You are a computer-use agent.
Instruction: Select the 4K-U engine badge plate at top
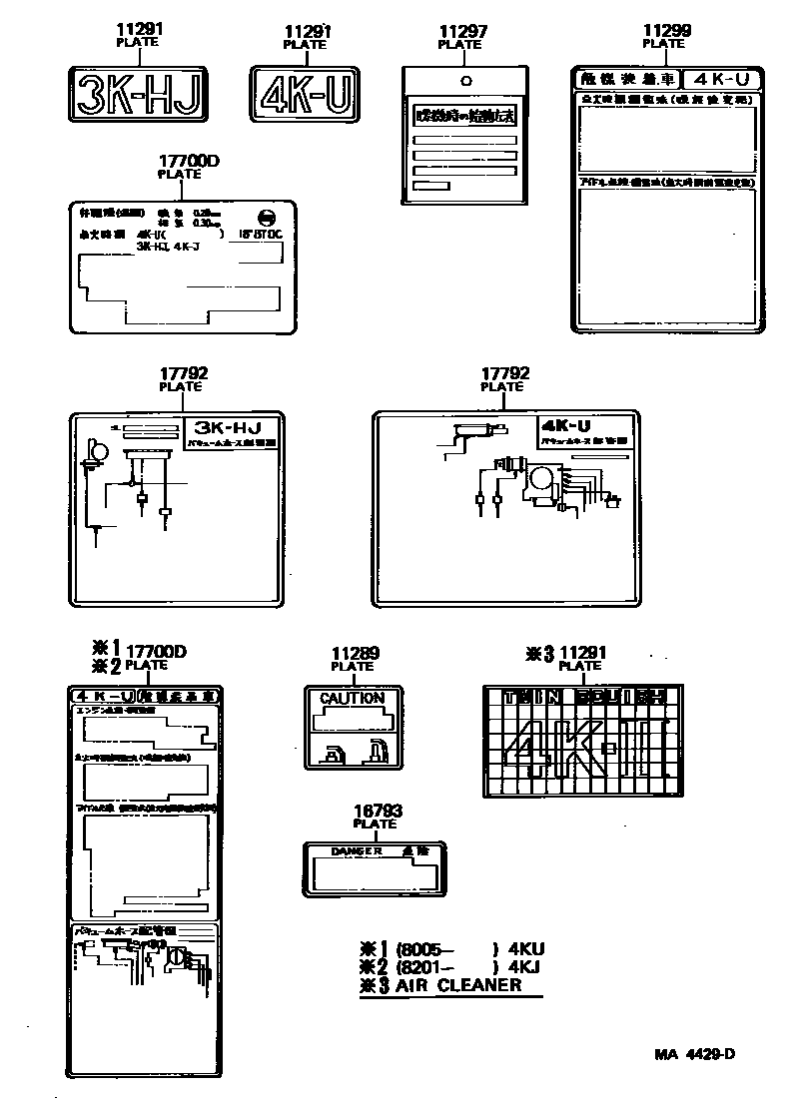click(306, 96)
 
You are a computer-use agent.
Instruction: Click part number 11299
click(665, 31)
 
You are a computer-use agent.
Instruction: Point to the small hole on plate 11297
click(464, 80)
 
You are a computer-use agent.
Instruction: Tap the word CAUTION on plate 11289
click(352, 699)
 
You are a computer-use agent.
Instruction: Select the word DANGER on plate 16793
click(357, 851)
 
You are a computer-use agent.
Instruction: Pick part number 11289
click(355, 654)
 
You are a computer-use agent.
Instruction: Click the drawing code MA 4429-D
click(696, 1054)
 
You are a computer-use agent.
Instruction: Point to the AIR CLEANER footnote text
click(458, 984)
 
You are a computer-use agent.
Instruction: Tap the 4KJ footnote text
click(526, 966)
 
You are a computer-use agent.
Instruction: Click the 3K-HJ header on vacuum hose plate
click(227, 425)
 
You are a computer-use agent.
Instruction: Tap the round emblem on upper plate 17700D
click(267, 218)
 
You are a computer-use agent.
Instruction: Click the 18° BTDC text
click(258, 236)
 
